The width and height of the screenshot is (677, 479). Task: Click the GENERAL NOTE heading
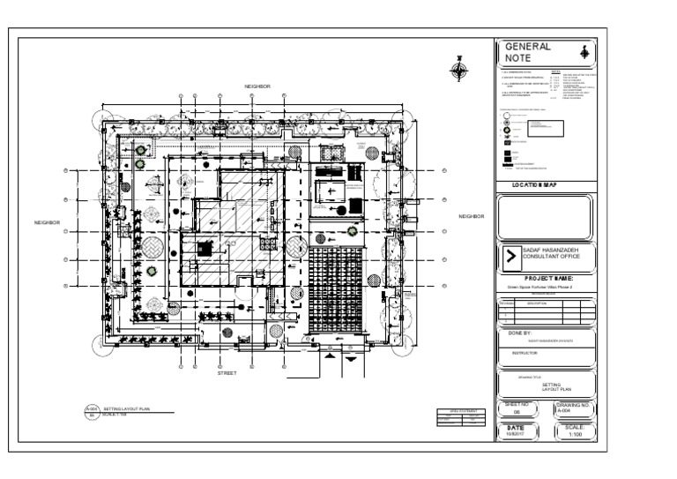[526, 52]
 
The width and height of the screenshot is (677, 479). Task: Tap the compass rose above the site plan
[458, 69]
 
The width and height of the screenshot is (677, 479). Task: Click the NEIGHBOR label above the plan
[257, 86]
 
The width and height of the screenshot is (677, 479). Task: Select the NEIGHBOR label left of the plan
[47, 222]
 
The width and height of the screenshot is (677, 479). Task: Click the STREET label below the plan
[227, 373]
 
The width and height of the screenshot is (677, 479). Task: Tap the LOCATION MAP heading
[546, 184]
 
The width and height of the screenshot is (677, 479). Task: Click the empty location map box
[546, 217]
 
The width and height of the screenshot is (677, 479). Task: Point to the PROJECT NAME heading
[548, 278]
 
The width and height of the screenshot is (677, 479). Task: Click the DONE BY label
[520, 333]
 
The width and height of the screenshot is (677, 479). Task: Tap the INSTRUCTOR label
[524, 352]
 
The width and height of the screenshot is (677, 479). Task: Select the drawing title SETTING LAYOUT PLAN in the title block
[550, 387]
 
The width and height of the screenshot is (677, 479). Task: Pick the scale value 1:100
[577, 433]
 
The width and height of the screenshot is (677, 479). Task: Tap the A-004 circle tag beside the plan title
[92, 412]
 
